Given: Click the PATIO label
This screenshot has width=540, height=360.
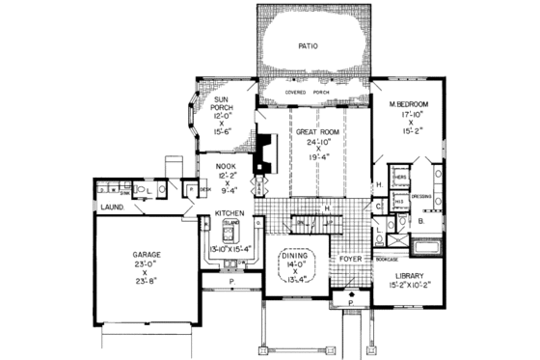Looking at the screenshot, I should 308,44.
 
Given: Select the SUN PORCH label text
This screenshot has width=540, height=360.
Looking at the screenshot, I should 213,107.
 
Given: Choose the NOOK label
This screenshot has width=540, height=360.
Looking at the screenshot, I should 225,166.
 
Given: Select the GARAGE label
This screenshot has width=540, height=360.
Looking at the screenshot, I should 147,255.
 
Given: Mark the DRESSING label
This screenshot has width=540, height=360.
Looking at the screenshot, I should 421,195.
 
